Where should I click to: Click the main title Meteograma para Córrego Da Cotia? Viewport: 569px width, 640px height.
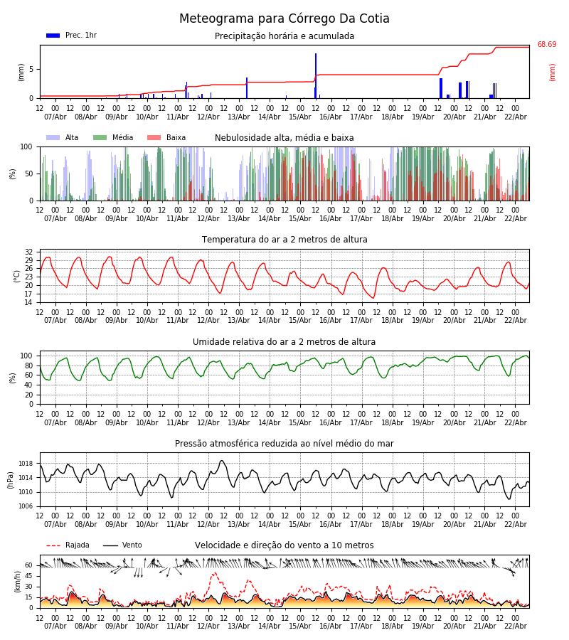point(284,19)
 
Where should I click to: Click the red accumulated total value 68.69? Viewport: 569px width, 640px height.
point(546,45)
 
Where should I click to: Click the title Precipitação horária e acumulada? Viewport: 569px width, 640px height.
point(284,36)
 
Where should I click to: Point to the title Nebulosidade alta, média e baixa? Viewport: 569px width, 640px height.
point(284,138)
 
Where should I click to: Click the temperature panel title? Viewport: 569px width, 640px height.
point(284,240)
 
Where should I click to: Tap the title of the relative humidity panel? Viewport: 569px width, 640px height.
point(284,342)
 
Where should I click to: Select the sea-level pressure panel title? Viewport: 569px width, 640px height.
point(284,444)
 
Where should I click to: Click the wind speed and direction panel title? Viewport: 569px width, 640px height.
point(284,545)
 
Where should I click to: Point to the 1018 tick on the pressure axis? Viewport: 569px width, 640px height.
point(26,464)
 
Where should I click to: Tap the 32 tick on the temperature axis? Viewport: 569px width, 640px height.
point(28,252)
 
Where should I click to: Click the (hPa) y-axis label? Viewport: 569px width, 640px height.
point(11,480)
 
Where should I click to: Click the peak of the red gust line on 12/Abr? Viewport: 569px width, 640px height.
point(214,573)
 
